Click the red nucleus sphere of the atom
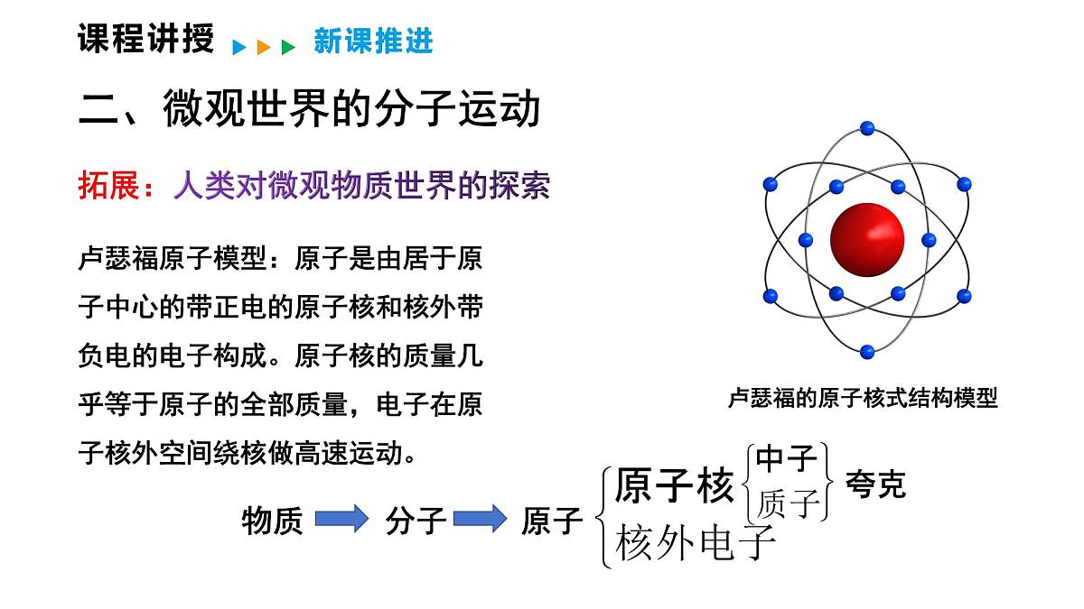(x=866, y=238)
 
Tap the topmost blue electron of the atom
(x=867, y=127)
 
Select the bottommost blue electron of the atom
(x=867, y=351)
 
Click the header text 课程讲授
(x=145, y=40)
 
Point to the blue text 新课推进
(x=373, y=42)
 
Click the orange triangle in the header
(x=264, y=47)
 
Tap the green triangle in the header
(x=288, y=47)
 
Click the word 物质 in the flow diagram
(x=273, y=521)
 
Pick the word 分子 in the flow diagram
(x=416, y=521)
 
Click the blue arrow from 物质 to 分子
(x=341, y=519)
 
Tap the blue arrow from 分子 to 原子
(x=480, y=519)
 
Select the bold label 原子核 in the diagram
(x=674, y=487)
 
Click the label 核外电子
(x=696, y=543)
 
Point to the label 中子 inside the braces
(x=786, y=458)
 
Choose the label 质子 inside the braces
(x=788, y=503)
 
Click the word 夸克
(x=874, y=484)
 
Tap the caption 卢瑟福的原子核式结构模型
(x=863, y=398)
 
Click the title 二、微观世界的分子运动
(x=310, y=109)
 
